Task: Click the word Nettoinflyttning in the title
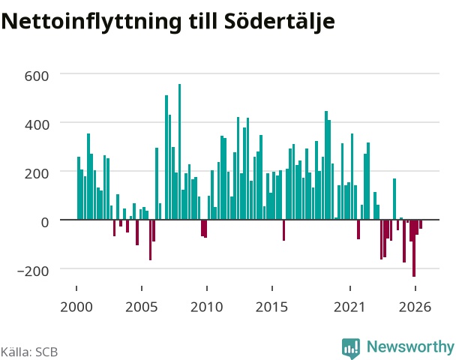[91, 22]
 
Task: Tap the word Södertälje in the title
[280, 22]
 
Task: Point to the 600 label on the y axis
[37, 76]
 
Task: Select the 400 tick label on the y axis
[37, 125]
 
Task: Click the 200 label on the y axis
[37, 174]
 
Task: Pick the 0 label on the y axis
[45, 223]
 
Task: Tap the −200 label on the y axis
[33, 271]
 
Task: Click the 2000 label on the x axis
[76, 307]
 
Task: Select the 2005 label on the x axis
[141, 307]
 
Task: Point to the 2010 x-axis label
[207, 307]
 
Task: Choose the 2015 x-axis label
[272, 307]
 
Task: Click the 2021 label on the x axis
[349, 307]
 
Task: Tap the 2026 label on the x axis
[415, 307]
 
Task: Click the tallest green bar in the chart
[179, 151]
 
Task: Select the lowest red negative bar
[414, 248]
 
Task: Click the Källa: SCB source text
[29, 352]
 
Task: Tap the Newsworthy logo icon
[351, 348]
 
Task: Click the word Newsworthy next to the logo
[410, 347]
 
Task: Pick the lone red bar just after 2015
[283, 230]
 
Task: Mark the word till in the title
[203, 21]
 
